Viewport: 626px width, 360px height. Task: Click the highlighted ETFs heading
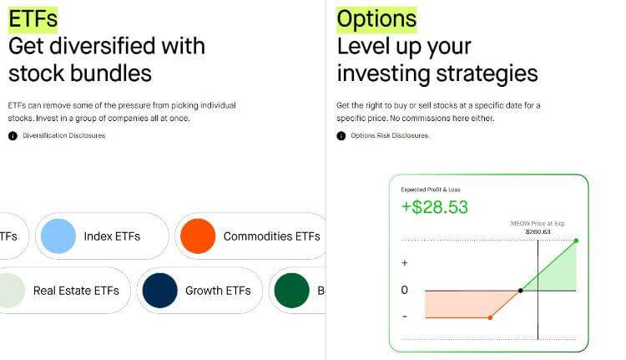pyautogui.click(x=33, y=19)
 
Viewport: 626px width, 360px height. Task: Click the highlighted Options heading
pyautogui.click(x=376, y=19)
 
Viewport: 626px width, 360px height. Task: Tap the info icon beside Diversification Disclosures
pyautogui.click(x=13, y=136)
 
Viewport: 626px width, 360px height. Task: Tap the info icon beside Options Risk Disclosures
pyautogui.click(x=341, y=136)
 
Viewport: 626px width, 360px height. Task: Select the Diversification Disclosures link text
pyautogui.click(x=64, y=135)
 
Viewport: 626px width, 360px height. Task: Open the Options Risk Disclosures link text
pyautogui.click(x=390, y=135)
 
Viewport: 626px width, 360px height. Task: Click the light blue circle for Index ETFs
pyautogui.click(x=58, y=236)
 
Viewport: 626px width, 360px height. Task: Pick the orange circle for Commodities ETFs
pyautogui.click(x=198, y=236)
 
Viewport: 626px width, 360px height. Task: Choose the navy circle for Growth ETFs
pyautogui.click(x=159, y=291)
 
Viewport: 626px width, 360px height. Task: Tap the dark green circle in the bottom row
pyautogui.click(x=292, y=291)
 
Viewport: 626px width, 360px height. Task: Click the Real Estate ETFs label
pyautogui.click(x=76, y=291)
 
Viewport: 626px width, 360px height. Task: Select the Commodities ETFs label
pyautogui.click(x=272, y=236)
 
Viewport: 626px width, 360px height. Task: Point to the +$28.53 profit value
pyautogui.click(x=434, y=207)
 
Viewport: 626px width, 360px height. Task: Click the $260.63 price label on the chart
pyautogui.click(x=538, y=231)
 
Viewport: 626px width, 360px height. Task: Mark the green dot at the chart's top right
pyautogui.click(x=576, y=241)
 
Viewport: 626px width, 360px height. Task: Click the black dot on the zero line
pyautogui.click(x=520, y=291)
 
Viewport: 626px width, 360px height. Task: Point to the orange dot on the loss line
pyautogui.click(x=490, y=317)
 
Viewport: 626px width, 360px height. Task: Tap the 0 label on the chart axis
pyautogui.click(x=405, y=290)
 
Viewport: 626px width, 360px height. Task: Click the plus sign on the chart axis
pyautogui.click(x=405, y=262)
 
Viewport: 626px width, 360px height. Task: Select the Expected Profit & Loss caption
pyautogui.click(x=431, y=190)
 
